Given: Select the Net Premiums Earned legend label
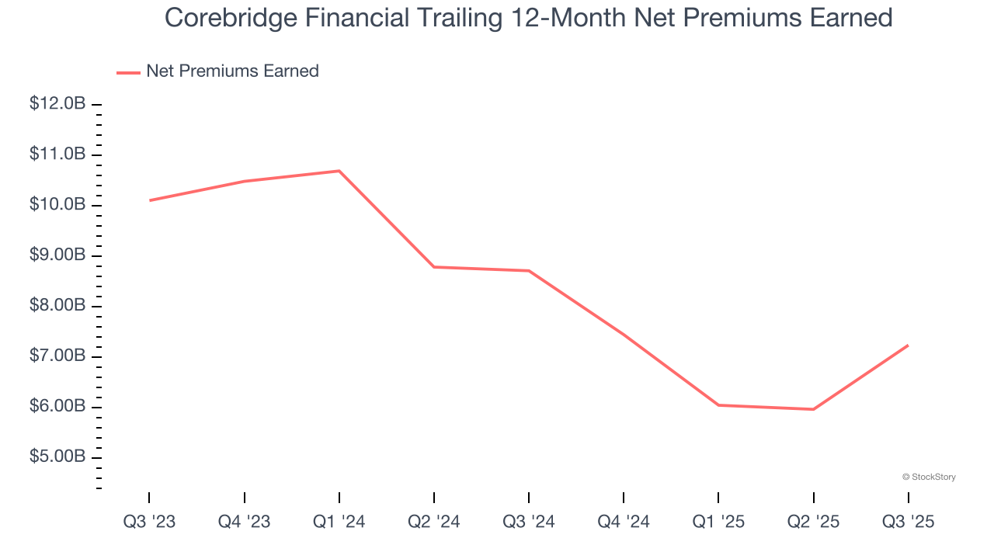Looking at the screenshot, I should [x=232, y=71].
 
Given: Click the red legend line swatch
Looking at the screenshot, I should [x=128, y=72].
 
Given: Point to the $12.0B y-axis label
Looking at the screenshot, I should [x=57, y=104].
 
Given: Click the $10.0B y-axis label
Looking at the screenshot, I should [x=57, y=205].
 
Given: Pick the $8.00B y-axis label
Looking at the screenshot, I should [x=57, y=306].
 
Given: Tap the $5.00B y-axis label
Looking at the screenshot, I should [x=57, y=457].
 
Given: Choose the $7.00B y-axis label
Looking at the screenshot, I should [x=57, y=356].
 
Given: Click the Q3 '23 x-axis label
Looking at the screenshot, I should [x=149, y=522].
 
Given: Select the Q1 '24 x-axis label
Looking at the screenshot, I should [x=339, y=522].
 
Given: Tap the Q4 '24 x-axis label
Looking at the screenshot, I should [x=623, y=522].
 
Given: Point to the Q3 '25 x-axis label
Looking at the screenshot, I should [x=908, y=522].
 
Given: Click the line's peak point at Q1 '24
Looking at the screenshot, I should [x=339, y=171].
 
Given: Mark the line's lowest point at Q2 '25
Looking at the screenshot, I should [x=813, y=409].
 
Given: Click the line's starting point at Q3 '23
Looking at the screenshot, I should [x=150, y=200].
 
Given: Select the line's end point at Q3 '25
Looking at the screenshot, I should [x=908, y=345].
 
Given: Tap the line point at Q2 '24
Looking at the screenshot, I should [x=434, y=267].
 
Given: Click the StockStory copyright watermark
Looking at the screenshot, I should [x=929, y=477].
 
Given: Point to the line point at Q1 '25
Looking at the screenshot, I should [x=718, y=404].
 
